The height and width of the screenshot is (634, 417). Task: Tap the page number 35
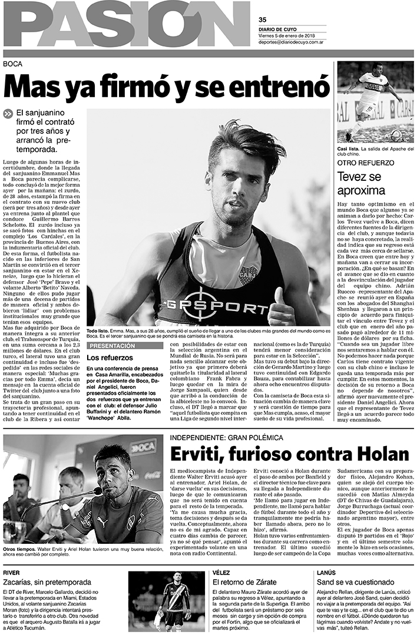tap(262, 19)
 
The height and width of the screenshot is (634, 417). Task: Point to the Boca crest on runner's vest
tap(247, 275)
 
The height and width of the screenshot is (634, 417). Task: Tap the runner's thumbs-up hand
tap(283, 311)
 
